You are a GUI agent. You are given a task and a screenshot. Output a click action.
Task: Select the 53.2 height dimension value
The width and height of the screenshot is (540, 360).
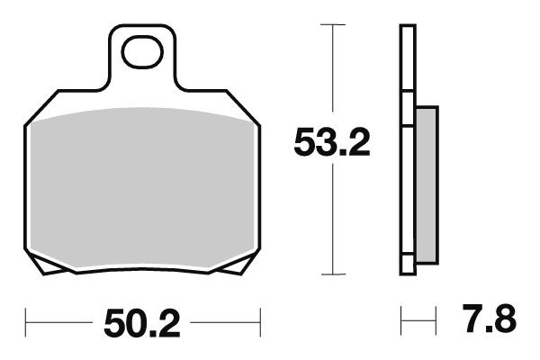click(332, 142)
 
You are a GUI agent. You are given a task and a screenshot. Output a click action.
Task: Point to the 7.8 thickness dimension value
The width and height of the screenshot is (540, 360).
click(490, 319)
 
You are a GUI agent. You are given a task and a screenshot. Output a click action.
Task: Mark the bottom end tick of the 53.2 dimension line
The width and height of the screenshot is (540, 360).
click(334, 274)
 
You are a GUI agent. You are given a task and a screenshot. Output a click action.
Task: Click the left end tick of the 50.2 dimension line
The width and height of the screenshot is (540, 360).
click(27, 319)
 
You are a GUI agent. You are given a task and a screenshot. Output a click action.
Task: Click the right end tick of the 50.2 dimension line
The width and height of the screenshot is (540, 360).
click(259, 319)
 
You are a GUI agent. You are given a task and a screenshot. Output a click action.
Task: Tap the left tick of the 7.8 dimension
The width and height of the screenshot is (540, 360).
click(402, 319)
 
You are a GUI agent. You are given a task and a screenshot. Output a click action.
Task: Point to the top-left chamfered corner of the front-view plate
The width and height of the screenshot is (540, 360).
click(40, 105)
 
